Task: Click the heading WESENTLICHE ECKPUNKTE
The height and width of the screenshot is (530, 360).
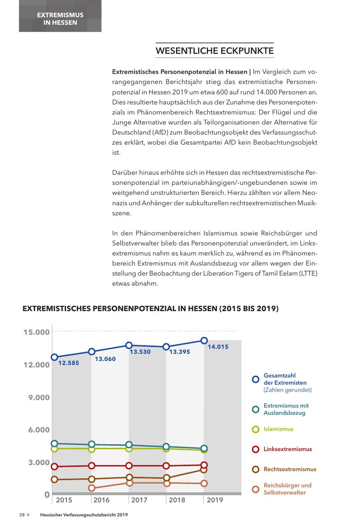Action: [x=214, y=51]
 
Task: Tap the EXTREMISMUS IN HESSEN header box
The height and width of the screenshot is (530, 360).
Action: [x=60, y=19]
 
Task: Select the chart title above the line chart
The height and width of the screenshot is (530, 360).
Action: [x=150, y=309]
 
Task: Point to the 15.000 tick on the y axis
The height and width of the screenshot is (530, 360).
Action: [x=36, y=332]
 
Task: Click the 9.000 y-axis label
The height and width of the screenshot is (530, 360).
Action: [x=39, y=397]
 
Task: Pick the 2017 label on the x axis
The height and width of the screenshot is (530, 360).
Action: [x=139, y=500]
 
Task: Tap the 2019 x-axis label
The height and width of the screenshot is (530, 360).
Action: [x=215, y=500]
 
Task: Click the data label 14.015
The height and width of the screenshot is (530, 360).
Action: [x=218, y=347]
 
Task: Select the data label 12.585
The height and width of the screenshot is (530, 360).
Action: [x=69, y=363]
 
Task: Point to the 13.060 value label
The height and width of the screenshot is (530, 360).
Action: [x=105, y=359]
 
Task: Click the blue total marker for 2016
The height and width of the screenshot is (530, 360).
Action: [x=92, y=351]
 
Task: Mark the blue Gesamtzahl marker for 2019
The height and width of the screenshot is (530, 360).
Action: [x=204, y=341]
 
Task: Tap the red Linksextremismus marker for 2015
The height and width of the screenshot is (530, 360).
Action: [x=54, y=466]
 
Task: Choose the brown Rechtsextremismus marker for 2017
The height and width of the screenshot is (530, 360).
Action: [x=129, y=477]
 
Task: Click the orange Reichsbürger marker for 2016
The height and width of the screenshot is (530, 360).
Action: [x=92, y=488]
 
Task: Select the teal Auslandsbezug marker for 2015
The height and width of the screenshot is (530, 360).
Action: [x=54, y=444]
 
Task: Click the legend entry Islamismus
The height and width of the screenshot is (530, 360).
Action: [x=278, y=429]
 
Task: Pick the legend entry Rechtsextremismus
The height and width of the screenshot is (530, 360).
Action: [x=290, y=469]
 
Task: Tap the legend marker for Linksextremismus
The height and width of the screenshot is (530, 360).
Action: [x=256, y=449]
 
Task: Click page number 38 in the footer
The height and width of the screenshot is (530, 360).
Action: [x=22, y=515]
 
